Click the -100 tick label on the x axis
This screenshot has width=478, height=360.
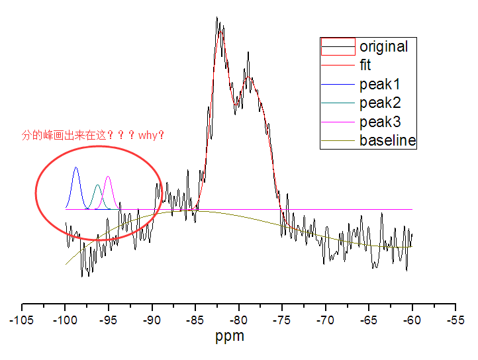[x=65, y=320]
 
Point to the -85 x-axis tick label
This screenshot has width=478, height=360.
[x=195, y=320]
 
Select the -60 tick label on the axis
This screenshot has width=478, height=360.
[x=412, y=320]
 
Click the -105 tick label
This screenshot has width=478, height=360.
[x=22, y=320]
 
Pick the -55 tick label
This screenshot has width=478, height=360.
[x=455, y=320]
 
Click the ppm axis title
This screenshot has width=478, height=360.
[x=230, y=336]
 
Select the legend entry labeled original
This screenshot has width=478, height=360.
[x=383, y=47]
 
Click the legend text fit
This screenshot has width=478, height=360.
[x=365, y=66]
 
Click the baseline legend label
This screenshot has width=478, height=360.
[x=387, y=140]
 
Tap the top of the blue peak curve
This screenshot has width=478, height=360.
[x=76, y=168]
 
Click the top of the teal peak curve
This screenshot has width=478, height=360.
[x=98, y=185]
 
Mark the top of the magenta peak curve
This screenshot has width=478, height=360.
[x=109, y=177]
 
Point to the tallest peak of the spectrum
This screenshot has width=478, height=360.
[x=217, y=19]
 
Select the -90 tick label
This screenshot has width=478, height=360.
[x=152, y=320]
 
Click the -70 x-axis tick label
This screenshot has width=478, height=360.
[x=326, y=320]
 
